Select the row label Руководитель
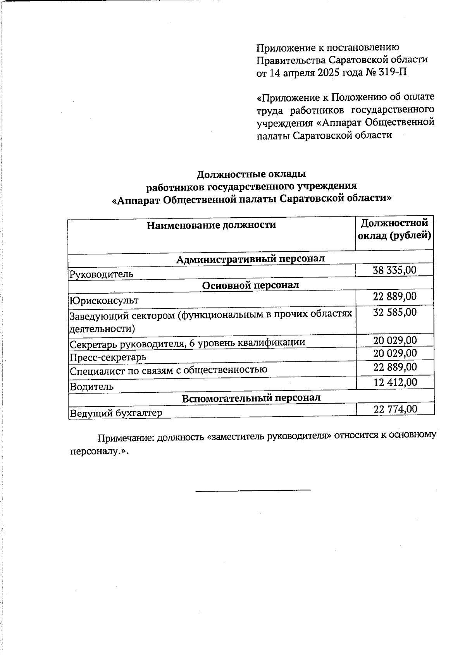click(101, 274)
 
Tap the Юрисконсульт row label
click(104, 300)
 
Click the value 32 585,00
click(394, 312)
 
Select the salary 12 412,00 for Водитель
click(395, 382)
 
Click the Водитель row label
click(91, 386)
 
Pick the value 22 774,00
click(395, 409)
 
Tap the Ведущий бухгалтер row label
click(115, 413)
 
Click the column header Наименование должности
click(211, 225)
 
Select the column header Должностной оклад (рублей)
click(394, 229)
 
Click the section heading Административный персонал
click(250, 258)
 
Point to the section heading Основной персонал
click(250, 285)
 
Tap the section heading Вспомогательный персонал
click(251, 398)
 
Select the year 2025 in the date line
click(331, 72)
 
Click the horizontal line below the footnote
click(253, 490)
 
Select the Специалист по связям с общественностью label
click(168, 370)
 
